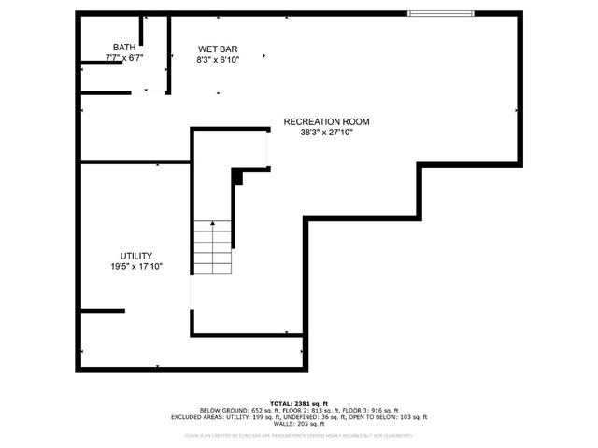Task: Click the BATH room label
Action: (123, 47)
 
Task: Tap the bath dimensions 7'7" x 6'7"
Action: (123, 58)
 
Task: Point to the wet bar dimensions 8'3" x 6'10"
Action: (218, 60)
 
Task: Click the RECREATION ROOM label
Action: (326, 121)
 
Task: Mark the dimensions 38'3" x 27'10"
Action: (326, 133)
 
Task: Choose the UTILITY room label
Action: (135, 256)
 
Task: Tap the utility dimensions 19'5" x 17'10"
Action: (135, 267)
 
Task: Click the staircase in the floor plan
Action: (212, 246)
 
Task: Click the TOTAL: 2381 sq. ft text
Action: (299, 403)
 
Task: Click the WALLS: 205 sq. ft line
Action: (299, 424)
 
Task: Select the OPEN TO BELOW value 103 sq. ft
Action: (412, 417)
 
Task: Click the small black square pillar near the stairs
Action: (237, 176)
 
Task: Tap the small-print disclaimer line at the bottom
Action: (299, 435)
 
